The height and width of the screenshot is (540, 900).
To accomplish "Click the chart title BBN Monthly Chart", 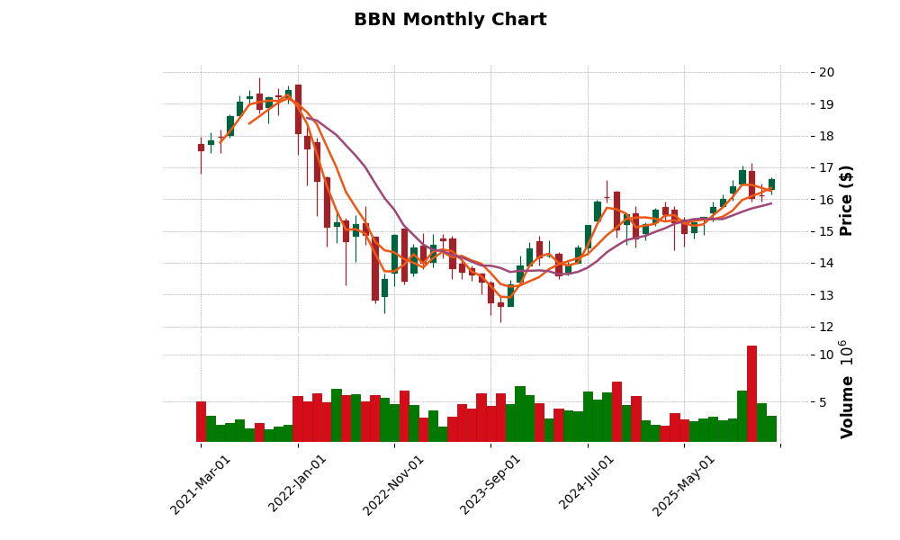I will click(450, 20).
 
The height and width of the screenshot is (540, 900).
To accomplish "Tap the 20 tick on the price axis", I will click(826, 73).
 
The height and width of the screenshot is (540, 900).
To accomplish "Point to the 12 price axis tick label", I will click(826, 328).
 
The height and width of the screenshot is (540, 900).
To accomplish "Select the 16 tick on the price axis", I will click(826, 200).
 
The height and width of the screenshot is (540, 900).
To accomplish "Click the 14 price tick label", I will click(826, 264).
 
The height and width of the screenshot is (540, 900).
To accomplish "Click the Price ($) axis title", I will click(846, 200).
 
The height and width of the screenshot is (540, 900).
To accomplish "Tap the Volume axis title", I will click(846, 389).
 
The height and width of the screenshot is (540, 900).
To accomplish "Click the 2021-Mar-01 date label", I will click(201, 484).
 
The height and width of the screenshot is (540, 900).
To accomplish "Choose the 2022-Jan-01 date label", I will click(298, 484).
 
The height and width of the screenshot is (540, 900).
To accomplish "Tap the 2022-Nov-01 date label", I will click(393, 484).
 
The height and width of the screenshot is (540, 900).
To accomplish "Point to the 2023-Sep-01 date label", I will click(490, 484).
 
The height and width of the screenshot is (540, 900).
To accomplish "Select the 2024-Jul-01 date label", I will click(587, 484).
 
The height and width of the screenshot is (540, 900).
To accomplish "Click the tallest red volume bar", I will click(751, 394).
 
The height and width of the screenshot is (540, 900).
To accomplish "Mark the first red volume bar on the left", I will click(201, 421).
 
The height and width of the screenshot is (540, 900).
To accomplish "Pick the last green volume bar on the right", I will click(771, 428).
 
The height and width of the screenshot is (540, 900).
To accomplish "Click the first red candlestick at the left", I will click(201, 147).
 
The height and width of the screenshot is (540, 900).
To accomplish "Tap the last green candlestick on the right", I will click(771, 184).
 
